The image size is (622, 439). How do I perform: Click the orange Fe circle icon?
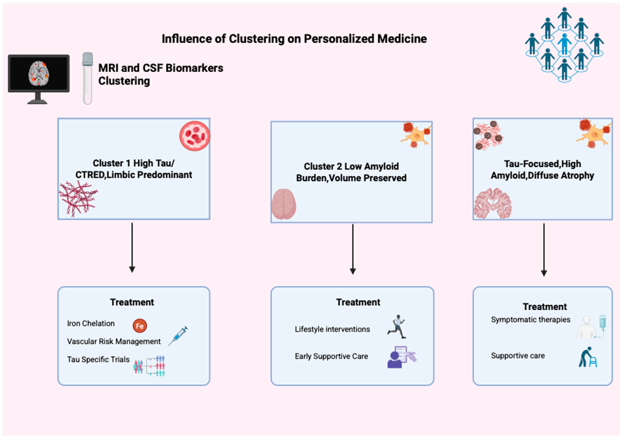(x=140, y=326)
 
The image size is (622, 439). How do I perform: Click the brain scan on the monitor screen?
(x=39, y=73)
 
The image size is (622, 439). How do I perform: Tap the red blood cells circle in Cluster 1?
(x=194, y=136)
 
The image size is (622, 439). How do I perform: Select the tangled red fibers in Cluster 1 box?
(x=78, y=198)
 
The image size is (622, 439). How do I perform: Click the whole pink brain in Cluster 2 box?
(x=283, y=204)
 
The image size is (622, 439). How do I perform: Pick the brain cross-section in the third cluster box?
(x=493, y=203)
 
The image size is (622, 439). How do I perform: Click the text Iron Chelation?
(x=91, y=323)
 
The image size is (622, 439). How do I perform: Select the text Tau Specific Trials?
(x=98, y=359)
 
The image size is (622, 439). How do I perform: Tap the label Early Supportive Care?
(x=331, y=356)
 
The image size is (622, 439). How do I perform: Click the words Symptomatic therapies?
(x=530, y=320)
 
